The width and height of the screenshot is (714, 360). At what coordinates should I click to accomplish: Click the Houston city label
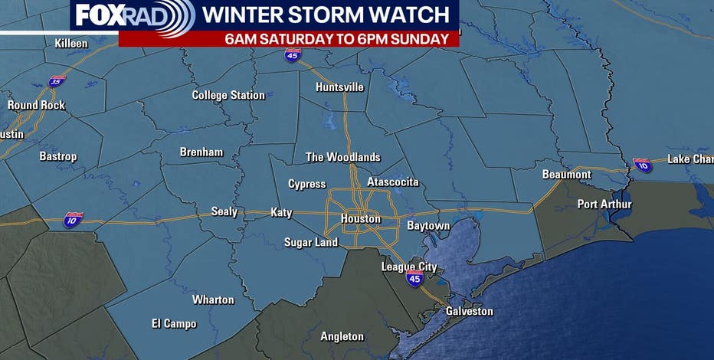(x=360, y=219)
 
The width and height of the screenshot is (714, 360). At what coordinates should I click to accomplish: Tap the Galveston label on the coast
(x=470, y=312)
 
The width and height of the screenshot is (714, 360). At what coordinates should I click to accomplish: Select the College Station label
(x=228, y=96)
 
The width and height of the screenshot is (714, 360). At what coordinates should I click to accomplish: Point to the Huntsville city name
(x=339, y=87)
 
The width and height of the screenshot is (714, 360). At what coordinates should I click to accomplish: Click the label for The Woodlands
(x=342, y=157)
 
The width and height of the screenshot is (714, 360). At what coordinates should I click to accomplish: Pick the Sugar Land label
(x=310, y=243)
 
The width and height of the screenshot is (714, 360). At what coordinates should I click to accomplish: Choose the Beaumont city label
(x=566, y=175)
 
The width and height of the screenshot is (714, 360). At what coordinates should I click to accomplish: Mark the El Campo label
(x=173, y=324)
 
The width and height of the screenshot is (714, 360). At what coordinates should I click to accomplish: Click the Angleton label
(x=342, y=336)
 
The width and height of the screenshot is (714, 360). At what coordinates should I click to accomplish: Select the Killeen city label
(x=71, y=44)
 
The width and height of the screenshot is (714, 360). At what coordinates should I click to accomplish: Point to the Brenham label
(x=201, y=152)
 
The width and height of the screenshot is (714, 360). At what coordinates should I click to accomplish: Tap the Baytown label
(x=427, y=226)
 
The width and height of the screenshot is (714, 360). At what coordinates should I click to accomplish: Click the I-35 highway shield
(x=57, y=80)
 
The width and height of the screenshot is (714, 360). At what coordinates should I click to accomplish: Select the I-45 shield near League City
(x=414, y=279)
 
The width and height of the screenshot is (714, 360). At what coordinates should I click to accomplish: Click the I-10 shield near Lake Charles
(x=642, y=164)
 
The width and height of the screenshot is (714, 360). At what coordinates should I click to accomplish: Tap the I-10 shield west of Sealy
(x=74, y=219)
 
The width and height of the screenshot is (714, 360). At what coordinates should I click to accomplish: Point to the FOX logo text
(x=101, y=15)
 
